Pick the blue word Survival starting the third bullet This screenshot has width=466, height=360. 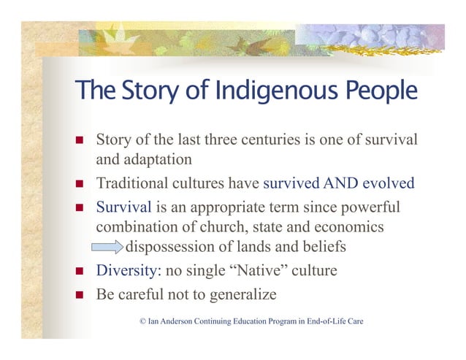click(124, 207)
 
